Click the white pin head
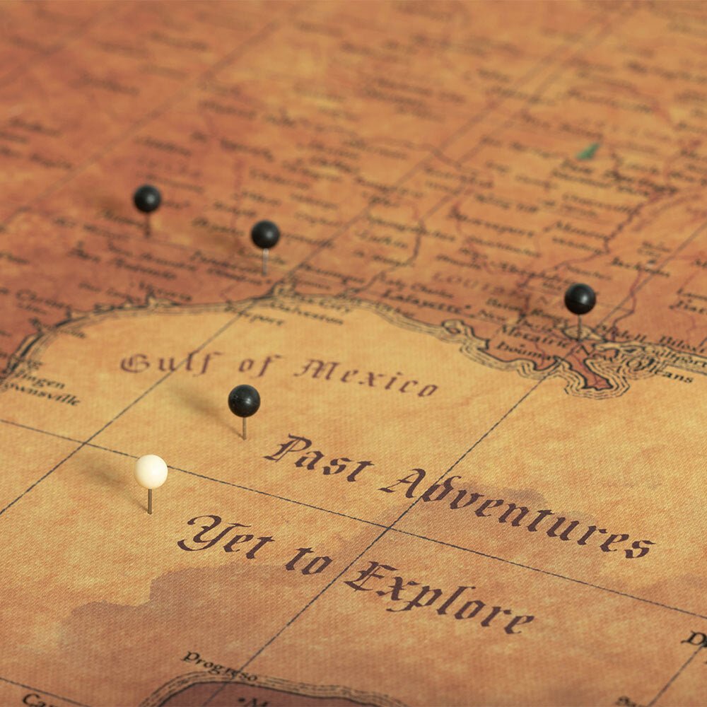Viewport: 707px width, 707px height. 151,472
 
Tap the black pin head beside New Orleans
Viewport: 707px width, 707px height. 580,299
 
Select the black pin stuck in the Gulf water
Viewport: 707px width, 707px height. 244,401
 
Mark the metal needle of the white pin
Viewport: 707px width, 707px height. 149,501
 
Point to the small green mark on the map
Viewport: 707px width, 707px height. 587,151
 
